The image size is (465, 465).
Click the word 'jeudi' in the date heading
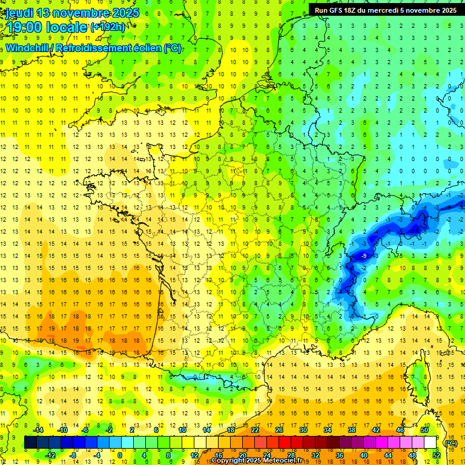[x=19, y=13]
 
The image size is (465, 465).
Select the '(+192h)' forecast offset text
[x=108, y=27]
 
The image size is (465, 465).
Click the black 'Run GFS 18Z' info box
[x=385, y=10]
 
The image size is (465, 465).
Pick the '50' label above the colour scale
[x=424, y=430]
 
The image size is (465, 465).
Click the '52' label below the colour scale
[x=436, y=455]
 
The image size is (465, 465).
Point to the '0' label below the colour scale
[x=120, y=455]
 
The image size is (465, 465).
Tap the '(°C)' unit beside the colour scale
[x=450, y=443]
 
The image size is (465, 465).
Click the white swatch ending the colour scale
[x=430, y=443]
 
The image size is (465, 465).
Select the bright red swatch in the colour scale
[x=285, y=443]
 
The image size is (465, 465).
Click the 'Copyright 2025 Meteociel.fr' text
[x=260, y=461]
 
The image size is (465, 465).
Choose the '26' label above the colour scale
[x=279, y=430]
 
